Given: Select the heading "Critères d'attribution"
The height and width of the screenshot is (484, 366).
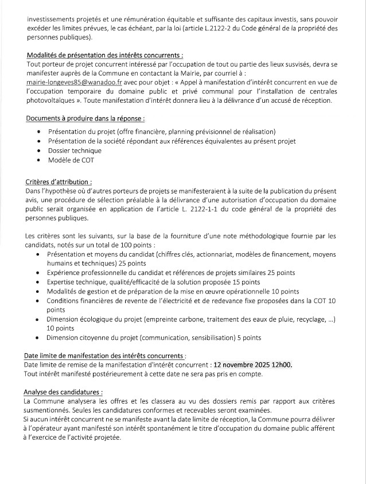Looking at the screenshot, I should coord(59,181).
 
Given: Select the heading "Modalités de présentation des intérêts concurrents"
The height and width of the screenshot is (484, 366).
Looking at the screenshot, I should coord(105,55).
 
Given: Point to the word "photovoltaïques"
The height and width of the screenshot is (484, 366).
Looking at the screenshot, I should coord(53,100).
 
